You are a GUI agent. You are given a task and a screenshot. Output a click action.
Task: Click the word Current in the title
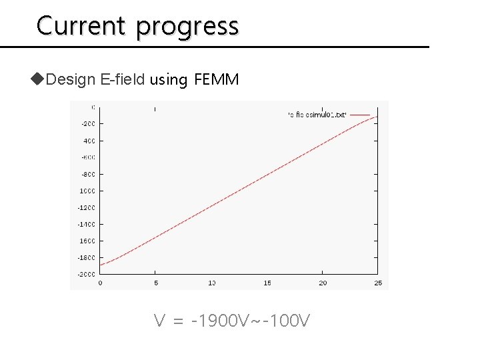coord(81,25)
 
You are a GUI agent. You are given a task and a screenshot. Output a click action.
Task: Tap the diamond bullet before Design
coord(37,80)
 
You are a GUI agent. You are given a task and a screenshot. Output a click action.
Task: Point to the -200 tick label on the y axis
coord(88,124)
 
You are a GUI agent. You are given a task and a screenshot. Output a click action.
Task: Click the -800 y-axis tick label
coord(88,174)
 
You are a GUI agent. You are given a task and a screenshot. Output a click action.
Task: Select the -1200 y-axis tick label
coord(87,207)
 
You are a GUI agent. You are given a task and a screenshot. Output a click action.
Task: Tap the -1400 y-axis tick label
coord(87,224)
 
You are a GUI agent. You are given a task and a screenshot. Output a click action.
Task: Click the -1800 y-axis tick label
coord(87,257)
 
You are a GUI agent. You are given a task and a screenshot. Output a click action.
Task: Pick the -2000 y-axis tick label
coord(87,274)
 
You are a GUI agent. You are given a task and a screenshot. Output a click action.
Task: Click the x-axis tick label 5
coord(155,283)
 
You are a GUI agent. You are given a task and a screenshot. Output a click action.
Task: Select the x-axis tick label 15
coord(267,283)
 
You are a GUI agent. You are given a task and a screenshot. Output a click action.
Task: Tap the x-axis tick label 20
coord(323,283)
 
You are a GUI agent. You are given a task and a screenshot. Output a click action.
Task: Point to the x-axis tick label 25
coord(378,283)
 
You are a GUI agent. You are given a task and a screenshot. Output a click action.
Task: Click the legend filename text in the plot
coord(317,115)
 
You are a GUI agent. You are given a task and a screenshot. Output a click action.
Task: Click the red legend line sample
coord(360,115)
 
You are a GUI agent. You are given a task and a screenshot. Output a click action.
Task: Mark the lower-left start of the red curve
coord(101,265)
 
